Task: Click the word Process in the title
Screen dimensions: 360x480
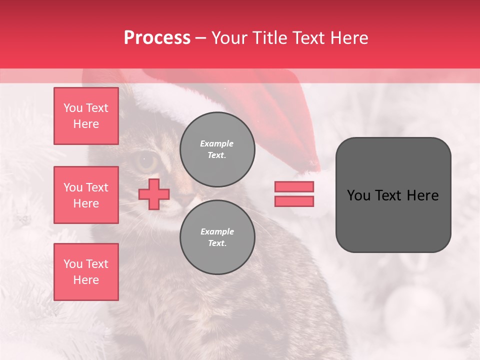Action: click(157, 38)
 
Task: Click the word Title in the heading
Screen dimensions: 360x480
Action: click(269, 38)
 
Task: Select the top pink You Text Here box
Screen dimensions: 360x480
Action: click(86, 116)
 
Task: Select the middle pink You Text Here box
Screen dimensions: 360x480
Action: click(86, 195)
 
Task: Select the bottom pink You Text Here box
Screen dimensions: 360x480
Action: click(86, 272)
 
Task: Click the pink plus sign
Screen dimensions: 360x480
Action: click(153, 194)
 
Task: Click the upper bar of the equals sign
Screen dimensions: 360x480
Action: click(294, 186)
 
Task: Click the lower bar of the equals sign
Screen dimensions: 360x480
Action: click(294, 201)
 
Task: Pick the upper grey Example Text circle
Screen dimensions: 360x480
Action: click(217, 149)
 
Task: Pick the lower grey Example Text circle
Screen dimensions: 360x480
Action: click(217, 237)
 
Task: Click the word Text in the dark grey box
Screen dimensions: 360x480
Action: click(391, 195)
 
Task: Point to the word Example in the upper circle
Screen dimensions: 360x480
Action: click(217, 143)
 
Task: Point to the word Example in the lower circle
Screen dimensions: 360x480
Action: click(217, 231)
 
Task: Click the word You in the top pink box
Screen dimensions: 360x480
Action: click(73, 108)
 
